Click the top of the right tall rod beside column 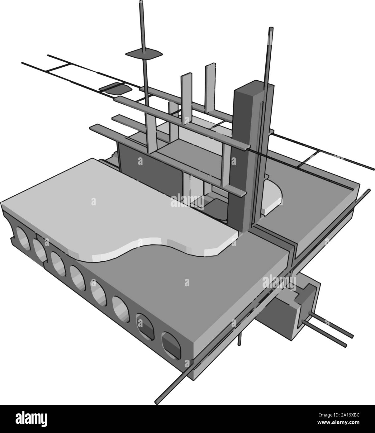pos(271,29)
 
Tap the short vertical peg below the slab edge pos(239,340)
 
